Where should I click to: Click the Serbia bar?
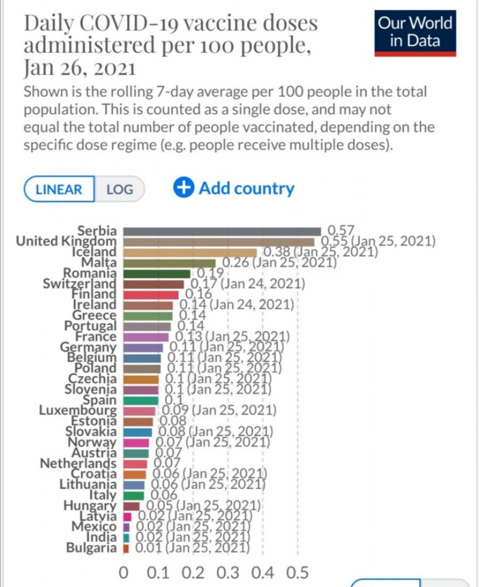pos(222,231)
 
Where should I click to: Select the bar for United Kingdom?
pos(219,242)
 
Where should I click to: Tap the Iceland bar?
pos(190,252)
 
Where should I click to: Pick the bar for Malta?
pos(169,263)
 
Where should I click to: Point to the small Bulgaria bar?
pos(126,548)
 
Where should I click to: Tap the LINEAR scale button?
pos(59,189)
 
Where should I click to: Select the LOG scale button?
pos(119,189)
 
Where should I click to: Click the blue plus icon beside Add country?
pos(184,188)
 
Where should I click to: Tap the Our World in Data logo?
pos(415,32)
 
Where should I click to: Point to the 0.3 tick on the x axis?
pos(228,573)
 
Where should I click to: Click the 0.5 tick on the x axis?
pos(298,573)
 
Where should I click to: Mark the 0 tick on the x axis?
pos(123,573)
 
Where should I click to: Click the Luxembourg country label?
pos(78,411)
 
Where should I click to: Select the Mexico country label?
pos(94,527)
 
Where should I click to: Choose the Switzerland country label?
pos(79,284)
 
